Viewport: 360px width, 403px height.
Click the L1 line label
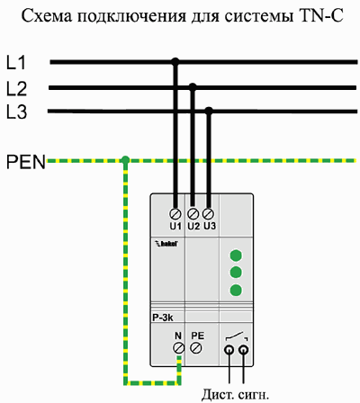[16, 63]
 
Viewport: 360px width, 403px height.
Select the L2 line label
[17, 89]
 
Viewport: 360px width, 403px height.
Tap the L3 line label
[17, 112]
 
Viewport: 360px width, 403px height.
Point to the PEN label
[26, 162]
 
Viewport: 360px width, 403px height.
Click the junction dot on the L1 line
[175, 62]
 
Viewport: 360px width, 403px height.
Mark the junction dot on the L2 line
[193, 87]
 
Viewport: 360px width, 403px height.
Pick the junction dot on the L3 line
[209, 111]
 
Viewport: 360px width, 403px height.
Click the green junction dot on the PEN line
[125, 160]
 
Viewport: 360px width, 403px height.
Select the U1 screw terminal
[175, 214]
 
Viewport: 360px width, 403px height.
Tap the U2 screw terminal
[193, 214]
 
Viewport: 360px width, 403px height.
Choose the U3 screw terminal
[208, 214]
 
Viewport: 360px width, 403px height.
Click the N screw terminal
[179, 348]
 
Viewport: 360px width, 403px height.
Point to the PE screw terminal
[196, 348]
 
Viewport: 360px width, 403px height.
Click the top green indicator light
[236, 255]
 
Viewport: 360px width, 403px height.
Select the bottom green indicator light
[236, 290]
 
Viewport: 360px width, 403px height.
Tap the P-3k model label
[163, 318]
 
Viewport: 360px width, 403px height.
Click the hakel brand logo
[166, 244]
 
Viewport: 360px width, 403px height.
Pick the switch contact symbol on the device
[237, 337]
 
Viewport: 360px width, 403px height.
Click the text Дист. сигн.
[235, 395]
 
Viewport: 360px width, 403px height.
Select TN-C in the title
[321, 16]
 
